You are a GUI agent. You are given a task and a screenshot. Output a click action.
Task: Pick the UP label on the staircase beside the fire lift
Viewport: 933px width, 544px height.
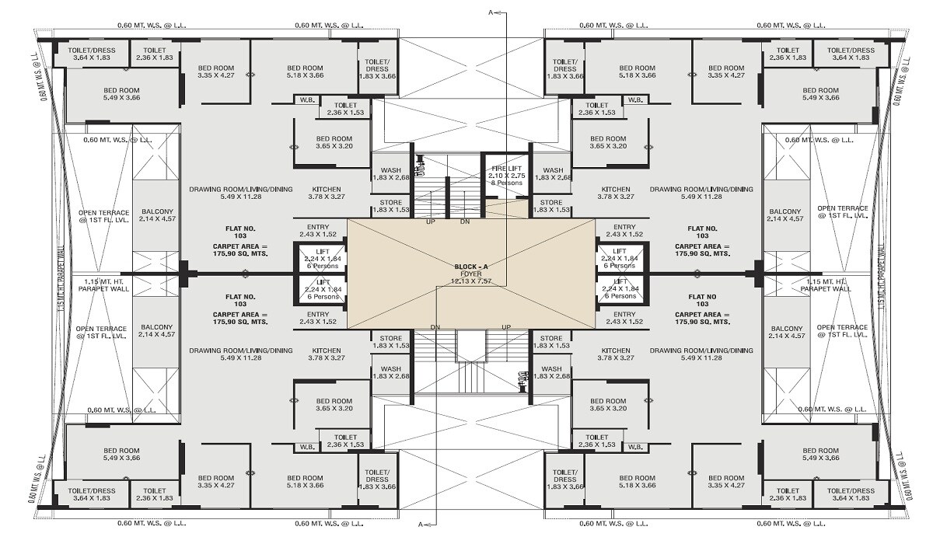click(x=430, y=221)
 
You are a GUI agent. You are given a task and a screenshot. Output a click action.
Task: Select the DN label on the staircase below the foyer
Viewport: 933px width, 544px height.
click(x=436, y=326)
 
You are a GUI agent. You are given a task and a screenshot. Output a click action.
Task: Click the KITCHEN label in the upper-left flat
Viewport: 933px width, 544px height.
click(x=327, y=189)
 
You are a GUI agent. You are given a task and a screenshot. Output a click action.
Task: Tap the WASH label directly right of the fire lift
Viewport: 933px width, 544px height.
click(x=553, y=170)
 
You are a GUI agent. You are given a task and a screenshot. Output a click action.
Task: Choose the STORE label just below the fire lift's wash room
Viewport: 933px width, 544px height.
click(x=550, y=202)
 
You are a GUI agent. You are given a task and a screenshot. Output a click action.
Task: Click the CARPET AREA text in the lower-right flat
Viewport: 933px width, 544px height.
click(x=702, y=321)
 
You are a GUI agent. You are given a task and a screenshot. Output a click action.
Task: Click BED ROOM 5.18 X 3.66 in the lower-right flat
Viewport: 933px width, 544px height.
click(x=638, y=481)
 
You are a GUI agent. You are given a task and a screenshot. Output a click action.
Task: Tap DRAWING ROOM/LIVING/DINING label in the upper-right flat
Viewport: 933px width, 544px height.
click(x=701, y=189)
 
